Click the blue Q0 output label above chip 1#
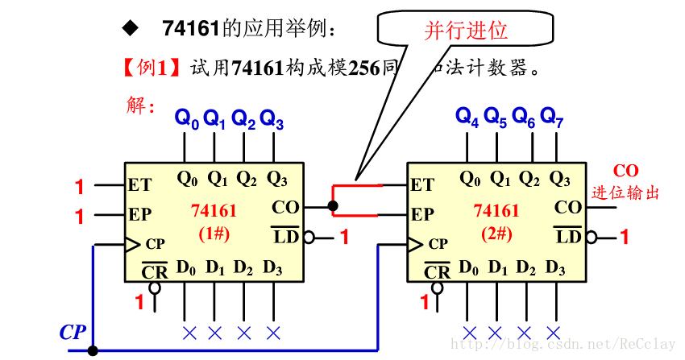coord(186,119)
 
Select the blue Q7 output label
coord(552,117)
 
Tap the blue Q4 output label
coord(467,117)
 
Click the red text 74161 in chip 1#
coord(214,211)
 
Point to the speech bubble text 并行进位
coord(466,31)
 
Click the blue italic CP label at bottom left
coord(73,332)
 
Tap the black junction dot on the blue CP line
coord(93,350)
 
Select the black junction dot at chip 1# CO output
coord(333,207)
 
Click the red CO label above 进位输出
coord(625,171)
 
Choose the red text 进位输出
coord(625,193)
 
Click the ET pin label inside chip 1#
coord(139,185)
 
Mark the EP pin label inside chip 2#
coord(422,215)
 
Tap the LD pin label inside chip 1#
coord(286,237)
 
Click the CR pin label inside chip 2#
coord(437,271)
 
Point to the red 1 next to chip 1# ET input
coord(79,187)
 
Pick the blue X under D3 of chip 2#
coord(553,332)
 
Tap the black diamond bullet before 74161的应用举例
coord(129,29)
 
